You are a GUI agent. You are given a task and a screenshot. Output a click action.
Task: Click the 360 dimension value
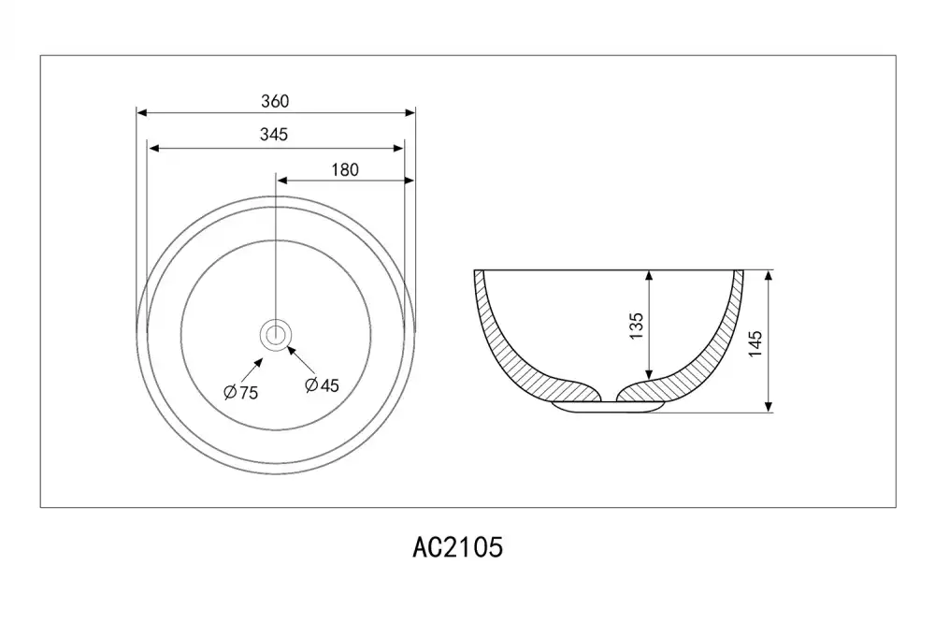click(x=275, y=101)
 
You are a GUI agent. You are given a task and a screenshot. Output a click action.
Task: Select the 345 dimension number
click(x=274, y=135)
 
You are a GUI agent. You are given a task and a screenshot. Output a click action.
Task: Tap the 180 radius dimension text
click(x=345, y=170)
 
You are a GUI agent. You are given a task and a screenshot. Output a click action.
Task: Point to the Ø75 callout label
click(x=241, y=392)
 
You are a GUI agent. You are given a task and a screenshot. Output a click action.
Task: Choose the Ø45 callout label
click(x=322, y=385)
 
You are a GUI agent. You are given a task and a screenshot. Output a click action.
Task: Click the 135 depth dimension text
click(x=637, y=326)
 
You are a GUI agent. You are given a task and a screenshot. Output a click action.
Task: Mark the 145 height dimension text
click(x=755, y=343)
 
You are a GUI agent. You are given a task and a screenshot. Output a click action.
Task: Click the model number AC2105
click(x=458, y=546)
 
